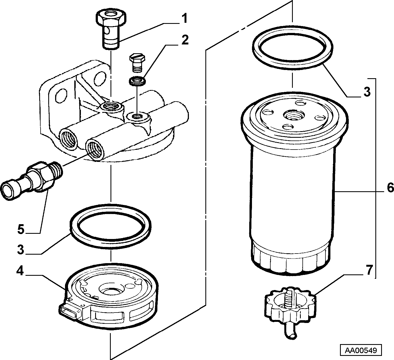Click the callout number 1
184,18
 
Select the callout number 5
21,229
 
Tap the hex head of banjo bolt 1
111,18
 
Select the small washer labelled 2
137,81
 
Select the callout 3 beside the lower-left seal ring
21,249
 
